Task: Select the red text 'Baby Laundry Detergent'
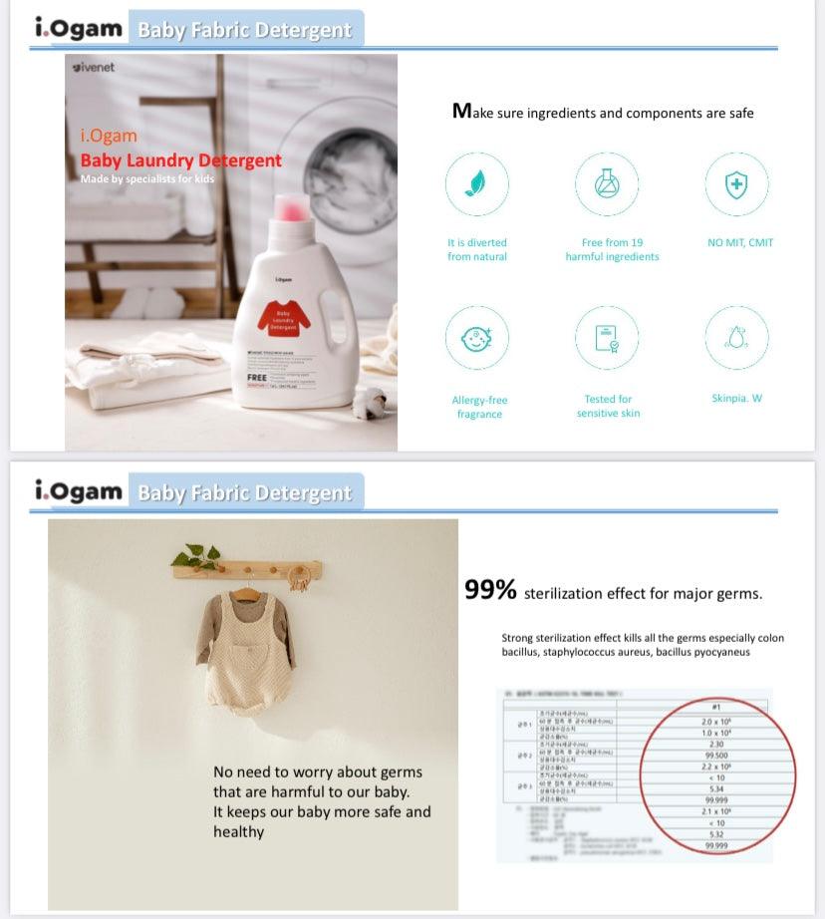tap(180, 160)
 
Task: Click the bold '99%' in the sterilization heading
tap(490, 590)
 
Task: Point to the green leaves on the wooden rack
tap(196, 555)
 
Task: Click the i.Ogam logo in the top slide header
tap(79, 29)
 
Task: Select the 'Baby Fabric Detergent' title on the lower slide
tap(244, 493)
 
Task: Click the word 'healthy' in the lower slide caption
tap(239, 831)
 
